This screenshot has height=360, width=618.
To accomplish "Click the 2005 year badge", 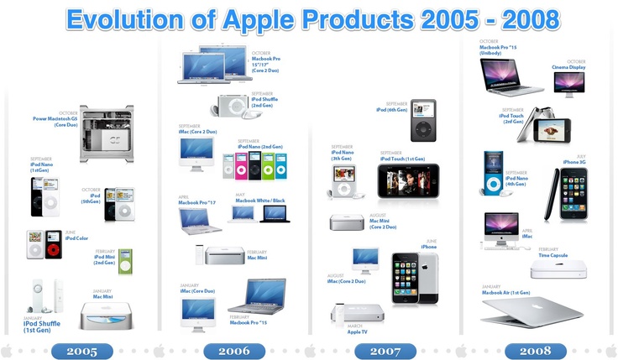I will click(x=81, y=351).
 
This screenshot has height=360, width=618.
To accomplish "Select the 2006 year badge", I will click(x=233, y=351).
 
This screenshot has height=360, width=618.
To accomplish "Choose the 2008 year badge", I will click(x=535, y=351).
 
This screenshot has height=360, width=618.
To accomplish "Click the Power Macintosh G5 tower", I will click(x=105, y=134).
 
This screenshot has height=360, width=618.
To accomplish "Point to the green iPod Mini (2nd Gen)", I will click(x=125, y=261).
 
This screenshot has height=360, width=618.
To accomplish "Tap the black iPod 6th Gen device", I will click(x=422, y=121).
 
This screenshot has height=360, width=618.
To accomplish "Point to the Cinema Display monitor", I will click(x=568, y=83).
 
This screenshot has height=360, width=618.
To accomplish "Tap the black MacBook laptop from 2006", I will click(x=275, y=213).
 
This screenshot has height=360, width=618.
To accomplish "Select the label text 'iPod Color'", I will click(x=76, y=238).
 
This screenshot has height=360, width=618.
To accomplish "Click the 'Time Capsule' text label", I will click(x=553, y=253).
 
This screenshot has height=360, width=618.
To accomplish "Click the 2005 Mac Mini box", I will click(x=105, y=316).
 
